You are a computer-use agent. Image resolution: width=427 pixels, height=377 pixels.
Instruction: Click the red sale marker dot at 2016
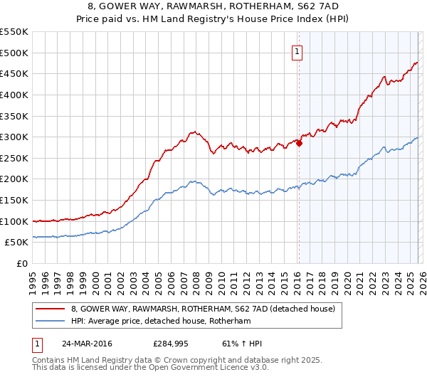[x=299, y=143]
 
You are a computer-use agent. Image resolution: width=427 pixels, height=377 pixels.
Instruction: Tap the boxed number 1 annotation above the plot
[x=296, y=51]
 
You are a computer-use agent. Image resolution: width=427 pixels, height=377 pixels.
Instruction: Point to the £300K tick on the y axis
[x=14, y=137]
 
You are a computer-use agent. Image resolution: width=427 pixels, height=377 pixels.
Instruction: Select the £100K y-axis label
[x=14, y=221]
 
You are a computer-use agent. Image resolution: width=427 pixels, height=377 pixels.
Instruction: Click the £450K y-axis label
[x=14, y=73]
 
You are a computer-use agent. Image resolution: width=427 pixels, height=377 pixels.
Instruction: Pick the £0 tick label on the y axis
[x=21, y=263]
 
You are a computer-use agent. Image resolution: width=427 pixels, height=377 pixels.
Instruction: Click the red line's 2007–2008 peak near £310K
[x=193, y=132]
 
